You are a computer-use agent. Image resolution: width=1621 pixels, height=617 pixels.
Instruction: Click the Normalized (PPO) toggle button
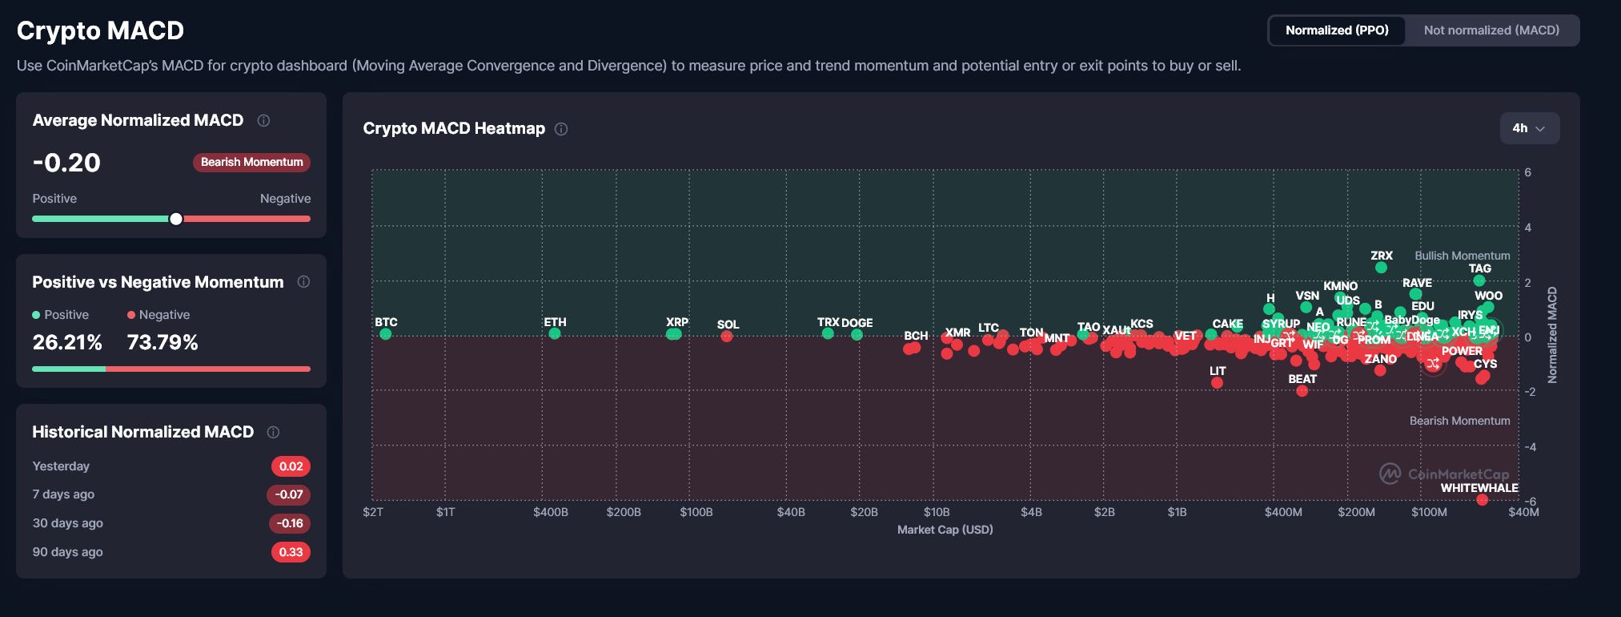[x=1337, y=30]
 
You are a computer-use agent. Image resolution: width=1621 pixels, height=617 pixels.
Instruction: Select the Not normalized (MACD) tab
[x=1491, y=30]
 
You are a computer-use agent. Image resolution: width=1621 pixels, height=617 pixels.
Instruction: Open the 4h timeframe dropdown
[x=1529, y=128]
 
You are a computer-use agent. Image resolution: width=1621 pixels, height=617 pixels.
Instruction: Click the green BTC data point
[x=386, y=334]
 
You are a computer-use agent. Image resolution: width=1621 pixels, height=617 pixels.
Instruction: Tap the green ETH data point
[x=555, y=333]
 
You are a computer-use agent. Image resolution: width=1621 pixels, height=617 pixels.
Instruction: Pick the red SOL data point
[x=727, y=337]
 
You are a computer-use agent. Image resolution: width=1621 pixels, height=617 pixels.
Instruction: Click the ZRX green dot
[x=1381, y=268]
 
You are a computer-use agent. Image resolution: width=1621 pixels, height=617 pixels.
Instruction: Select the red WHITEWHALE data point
[x=1482, y=500]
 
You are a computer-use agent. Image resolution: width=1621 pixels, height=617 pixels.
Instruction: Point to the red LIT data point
[x=1217, y=383]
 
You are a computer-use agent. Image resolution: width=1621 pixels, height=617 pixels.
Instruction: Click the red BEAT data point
[x=1302, y=391]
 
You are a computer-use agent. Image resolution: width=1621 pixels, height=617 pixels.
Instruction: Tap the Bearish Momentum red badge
[x=251, y=162]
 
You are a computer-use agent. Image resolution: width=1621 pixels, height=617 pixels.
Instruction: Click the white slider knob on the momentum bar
[x=176, y=219]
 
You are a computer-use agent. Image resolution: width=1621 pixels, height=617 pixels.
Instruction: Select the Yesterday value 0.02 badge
[x=291, y=466]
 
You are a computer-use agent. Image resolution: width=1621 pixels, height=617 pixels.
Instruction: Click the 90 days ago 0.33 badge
[x=291, y=552]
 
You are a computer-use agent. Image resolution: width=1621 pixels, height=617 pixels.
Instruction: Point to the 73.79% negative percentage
[x=163, y=342]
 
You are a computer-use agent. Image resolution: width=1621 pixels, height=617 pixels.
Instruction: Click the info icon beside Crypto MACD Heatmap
[x=561, y=129]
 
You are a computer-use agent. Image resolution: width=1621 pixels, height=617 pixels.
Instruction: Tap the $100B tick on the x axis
[x=696, y=512]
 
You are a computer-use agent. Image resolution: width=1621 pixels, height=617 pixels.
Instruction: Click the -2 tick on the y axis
[x=1530, y=392]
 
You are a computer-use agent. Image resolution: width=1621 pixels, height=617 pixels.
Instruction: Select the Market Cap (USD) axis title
[x=945, y=530]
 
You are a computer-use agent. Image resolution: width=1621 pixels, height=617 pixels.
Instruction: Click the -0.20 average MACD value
[x=67, y=163]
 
